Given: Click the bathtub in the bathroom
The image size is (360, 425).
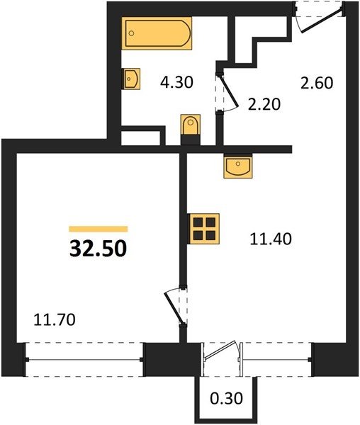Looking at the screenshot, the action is [157, 33].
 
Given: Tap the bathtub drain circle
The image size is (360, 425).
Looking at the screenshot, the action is [132, 33].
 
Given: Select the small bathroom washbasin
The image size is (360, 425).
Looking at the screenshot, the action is [131, 79].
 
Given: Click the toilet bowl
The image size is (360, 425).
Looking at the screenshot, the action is [191, 125].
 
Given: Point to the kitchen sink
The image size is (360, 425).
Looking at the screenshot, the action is [237, 166].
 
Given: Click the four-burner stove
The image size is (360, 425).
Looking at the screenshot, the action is [203, 228].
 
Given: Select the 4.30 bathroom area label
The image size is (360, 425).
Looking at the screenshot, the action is [176, 82].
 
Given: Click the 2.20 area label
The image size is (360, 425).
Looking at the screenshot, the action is [264, 104].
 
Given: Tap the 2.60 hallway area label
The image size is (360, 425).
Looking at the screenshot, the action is [317, 83].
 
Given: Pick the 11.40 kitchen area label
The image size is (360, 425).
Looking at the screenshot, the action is [271, 239].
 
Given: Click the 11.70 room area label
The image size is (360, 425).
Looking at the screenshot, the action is [55, 319].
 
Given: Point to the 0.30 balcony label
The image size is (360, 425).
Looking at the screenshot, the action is [226, 398].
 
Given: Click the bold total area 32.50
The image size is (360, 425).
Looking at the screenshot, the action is [98, 249].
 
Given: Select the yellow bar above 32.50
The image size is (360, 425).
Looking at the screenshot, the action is [98, 229].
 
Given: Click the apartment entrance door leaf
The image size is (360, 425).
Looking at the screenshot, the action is [322, 21].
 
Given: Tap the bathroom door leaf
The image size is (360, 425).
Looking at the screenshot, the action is [228, 90].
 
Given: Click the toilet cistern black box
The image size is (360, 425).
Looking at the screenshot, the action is [191, 140].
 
